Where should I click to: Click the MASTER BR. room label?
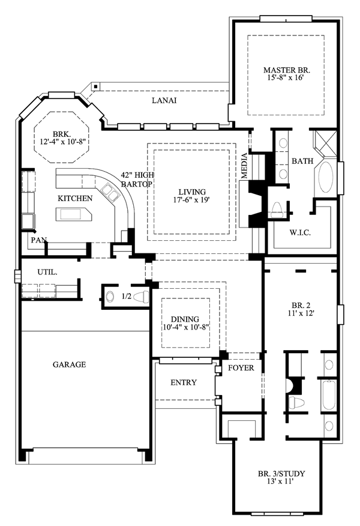click(x=286, y=69)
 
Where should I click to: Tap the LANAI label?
click(x=164, y=100)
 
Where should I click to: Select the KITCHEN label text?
click(x=75, y=198)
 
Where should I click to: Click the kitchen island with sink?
click(x=73, y=214)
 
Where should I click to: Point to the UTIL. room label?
click(x=47, y=272)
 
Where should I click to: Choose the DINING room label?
click(x=184, y=319)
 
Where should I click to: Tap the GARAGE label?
click(x=69, y=364)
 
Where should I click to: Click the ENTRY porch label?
click(x=184, y=382)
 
